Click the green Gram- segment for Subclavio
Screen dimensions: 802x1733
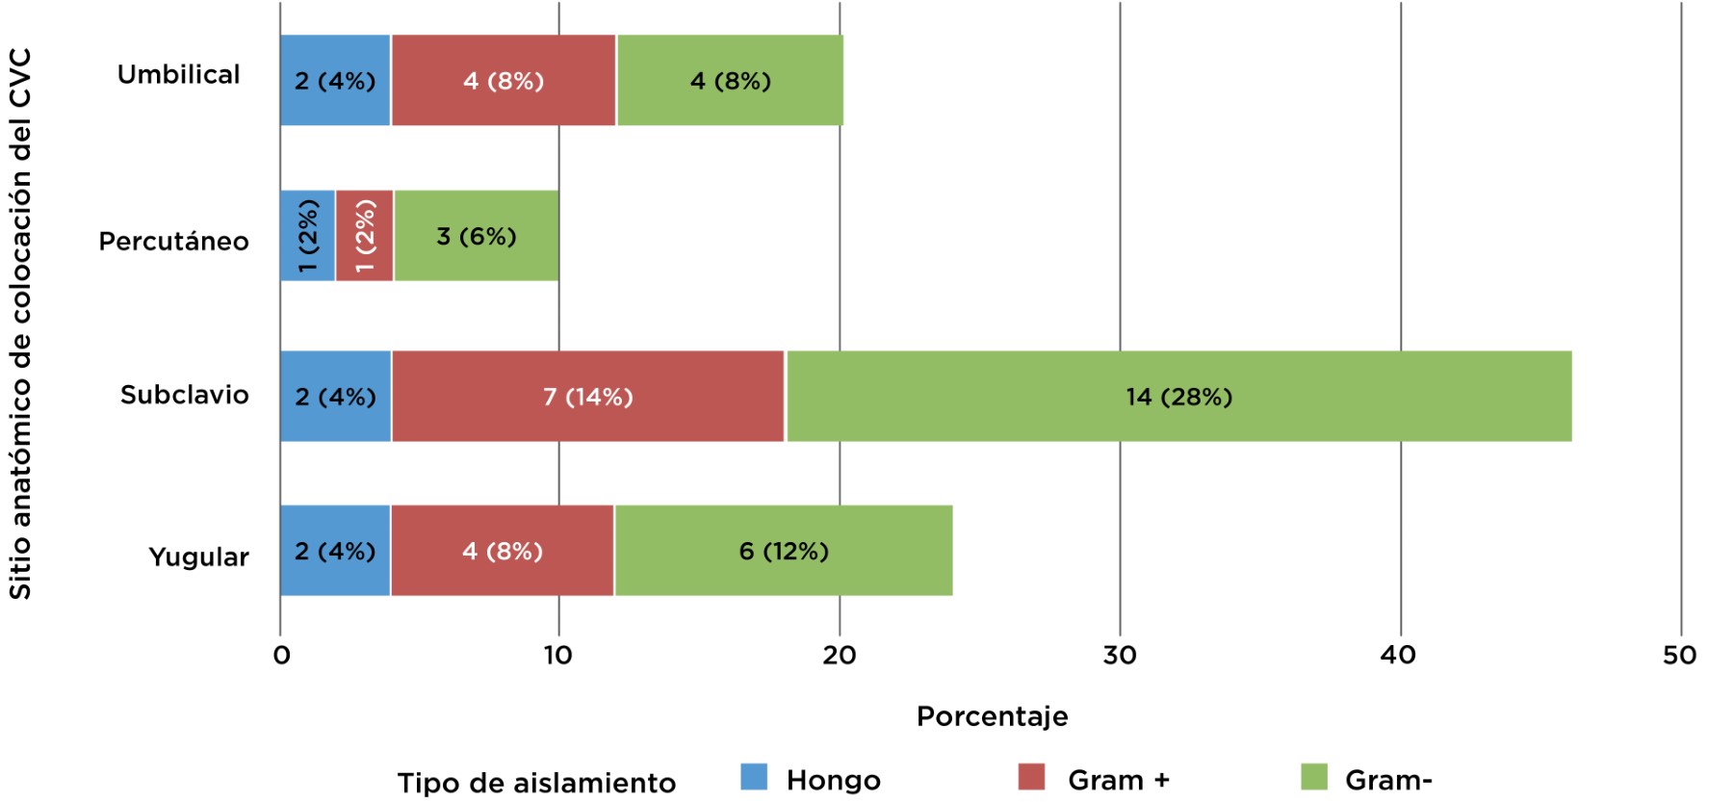[x=1178, y=396]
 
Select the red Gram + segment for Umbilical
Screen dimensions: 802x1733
[x=503, y=80]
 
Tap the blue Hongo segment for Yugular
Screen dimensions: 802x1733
[x=334, y=551]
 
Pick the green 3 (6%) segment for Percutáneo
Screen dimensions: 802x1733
[x=476, y=236]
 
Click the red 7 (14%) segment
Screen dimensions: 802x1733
[x=587, y=396]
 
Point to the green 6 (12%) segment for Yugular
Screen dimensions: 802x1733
[x=783, y=551]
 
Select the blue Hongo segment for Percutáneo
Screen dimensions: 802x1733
[x=307, y=236]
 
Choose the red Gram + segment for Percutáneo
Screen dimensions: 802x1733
[x=364, y=236]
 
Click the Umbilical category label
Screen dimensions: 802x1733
[x=178, y=74]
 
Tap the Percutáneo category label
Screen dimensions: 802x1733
[x=173, y=241]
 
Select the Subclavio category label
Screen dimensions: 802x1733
[x=184, y=395]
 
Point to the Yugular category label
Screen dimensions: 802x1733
[x=198, y=556]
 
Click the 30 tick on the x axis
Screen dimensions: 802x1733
[x=1119, y=656]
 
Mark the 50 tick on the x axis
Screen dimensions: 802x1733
[x=1679, y=656]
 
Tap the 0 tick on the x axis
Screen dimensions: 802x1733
[x=281, y=656]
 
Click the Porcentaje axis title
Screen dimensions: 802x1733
[x=992, y=716]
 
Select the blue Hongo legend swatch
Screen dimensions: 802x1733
[x=754, y=777]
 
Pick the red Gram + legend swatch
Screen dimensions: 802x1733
[x=1031, y=777]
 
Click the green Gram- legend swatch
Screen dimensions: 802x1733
[x=1313, y=777]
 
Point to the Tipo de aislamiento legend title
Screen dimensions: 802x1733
[x=536, y=783]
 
